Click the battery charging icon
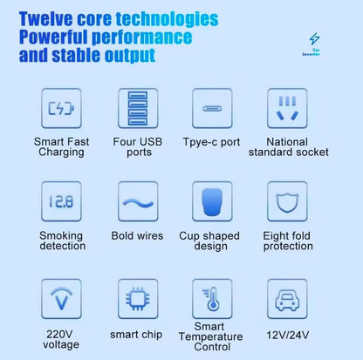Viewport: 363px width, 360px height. pyautogui.click(x=61, y=108)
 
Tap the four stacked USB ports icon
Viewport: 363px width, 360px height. pyautogui.click(x=138, y=108)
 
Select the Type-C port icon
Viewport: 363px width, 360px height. pyautogui.click(x=212, y=109)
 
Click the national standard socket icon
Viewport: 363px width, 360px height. pyautogui.click(x=287, y=108)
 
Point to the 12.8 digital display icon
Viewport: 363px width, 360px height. pyautogui.click(x=61, y=201)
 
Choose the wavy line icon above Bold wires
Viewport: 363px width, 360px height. pyautogui.click(x=138, y=203)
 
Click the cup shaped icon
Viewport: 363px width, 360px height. pyautogui.click(x=212, y=201)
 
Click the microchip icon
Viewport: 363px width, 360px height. pyautogui.click(x=138, y=299)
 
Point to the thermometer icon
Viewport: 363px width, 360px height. pyautogui.click(x=212, y=299)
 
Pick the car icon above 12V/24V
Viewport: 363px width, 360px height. pyautogui.click(x=287, y=300)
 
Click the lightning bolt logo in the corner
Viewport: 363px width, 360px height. pyautogui.click(x=314, y=38)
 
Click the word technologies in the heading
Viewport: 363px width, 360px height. pyautogui.click(x=167, y=19)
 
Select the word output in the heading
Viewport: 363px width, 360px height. pyautogui.click(x=130, y=55)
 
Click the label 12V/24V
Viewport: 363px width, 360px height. pyautogui.click(x=288, y=335)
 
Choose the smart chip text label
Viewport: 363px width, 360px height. pyautogui.click(x=136, y=335)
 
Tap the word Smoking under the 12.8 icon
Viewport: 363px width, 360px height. pyautogui.click(x=61, y=235)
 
